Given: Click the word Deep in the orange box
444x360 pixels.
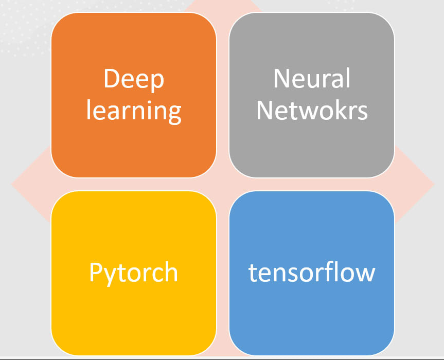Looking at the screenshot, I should click(x=134, y=79).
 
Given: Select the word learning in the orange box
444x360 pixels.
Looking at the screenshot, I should click(x=134, y=111).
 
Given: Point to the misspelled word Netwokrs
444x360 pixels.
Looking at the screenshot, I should click(x=312, y=110).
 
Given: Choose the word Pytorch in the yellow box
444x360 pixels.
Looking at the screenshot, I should click(x=134, y=272).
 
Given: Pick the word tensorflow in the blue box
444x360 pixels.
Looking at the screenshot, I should click(x=312, y=272).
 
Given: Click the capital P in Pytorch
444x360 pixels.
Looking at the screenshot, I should click(x=96, y=272).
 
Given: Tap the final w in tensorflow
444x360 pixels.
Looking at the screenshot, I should click(x=365, y=273).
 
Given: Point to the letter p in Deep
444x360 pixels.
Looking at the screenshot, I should click(x=157, y=82).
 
